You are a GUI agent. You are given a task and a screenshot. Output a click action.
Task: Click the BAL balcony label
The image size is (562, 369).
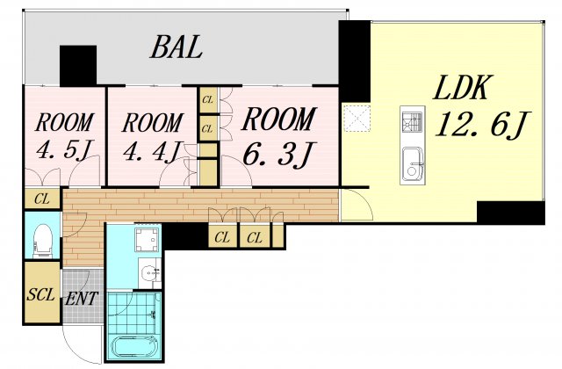(177, 47)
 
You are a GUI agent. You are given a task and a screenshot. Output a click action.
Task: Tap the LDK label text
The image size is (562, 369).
(460, 88)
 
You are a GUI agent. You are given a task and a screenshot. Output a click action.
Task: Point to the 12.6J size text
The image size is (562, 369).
(482, 125)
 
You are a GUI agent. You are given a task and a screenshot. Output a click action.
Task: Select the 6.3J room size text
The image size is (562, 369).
(279, 155)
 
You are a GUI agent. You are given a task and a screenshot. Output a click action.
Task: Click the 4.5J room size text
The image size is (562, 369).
(64, 149)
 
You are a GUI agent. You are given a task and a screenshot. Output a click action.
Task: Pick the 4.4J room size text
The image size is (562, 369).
(150, 151)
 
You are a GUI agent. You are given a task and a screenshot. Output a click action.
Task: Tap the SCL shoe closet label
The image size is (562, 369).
(41, 295)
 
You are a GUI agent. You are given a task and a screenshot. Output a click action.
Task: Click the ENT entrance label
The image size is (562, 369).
(82, 299)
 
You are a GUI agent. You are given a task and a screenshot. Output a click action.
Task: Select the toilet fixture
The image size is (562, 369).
(43, 239)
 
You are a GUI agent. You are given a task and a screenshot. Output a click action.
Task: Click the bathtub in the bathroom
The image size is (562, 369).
(134, 346)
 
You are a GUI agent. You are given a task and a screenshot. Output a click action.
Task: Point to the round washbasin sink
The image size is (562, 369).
(148, 274)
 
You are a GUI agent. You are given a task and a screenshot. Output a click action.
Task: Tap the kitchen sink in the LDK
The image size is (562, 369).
(412, 164)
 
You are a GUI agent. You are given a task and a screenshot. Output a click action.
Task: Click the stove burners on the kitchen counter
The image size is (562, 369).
(412, 121)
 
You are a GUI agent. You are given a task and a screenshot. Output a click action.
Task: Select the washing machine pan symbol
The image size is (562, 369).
(147, 240)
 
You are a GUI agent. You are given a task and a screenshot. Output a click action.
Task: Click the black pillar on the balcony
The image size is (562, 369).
(78, 66)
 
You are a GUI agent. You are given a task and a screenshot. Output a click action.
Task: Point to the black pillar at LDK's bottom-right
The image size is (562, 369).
(511, 213)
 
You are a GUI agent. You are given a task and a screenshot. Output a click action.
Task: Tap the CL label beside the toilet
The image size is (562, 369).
(42, 199)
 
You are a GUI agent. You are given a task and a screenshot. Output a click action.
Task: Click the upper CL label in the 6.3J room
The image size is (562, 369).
(207, 100)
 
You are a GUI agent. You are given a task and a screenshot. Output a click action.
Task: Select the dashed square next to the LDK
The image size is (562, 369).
(357, 118)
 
